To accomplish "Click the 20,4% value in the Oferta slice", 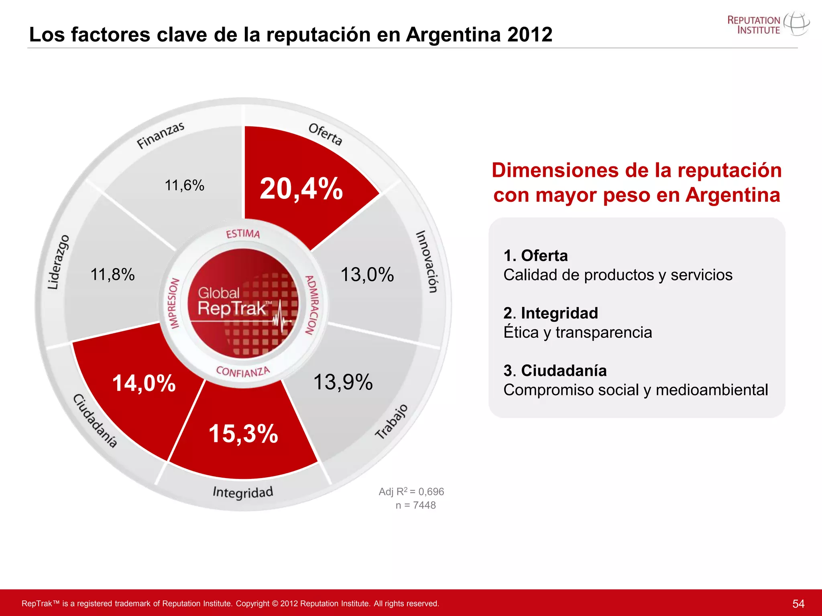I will coord(301,188).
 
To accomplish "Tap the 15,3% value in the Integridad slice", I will coord(243,434).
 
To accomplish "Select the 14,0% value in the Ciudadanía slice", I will coord(144,383).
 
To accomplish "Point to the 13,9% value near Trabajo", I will coord(343,382).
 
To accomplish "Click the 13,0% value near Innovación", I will coord(367,275).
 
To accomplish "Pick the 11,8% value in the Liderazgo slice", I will coord(112,275).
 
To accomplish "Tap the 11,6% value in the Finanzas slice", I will coord(185,185).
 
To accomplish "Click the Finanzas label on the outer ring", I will coord(161,135).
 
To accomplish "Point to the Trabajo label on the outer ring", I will coord(392,421).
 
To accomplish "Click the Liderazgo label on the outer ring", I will coord(59,262).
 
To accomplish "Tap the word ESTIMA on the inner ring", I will coord(243,234).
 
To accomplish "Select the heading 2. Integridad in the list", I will coord(551,313).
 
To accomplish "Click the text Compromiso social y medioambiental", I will coord(635,390).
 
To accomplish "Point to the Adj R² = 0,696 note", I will coord(411,492).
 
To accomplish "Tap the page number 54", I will coord(798,604).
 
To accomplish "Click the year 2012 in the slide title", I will coord(530,34).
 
